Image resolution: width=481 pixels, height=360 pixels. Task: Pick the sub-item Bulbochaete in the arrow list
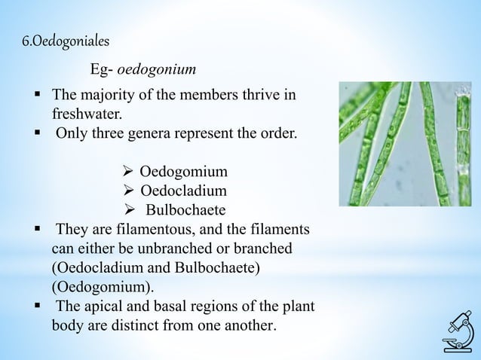coord(185,209)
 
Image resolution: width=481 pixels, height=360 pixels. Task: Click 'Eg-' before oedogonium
coord(103,70)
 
